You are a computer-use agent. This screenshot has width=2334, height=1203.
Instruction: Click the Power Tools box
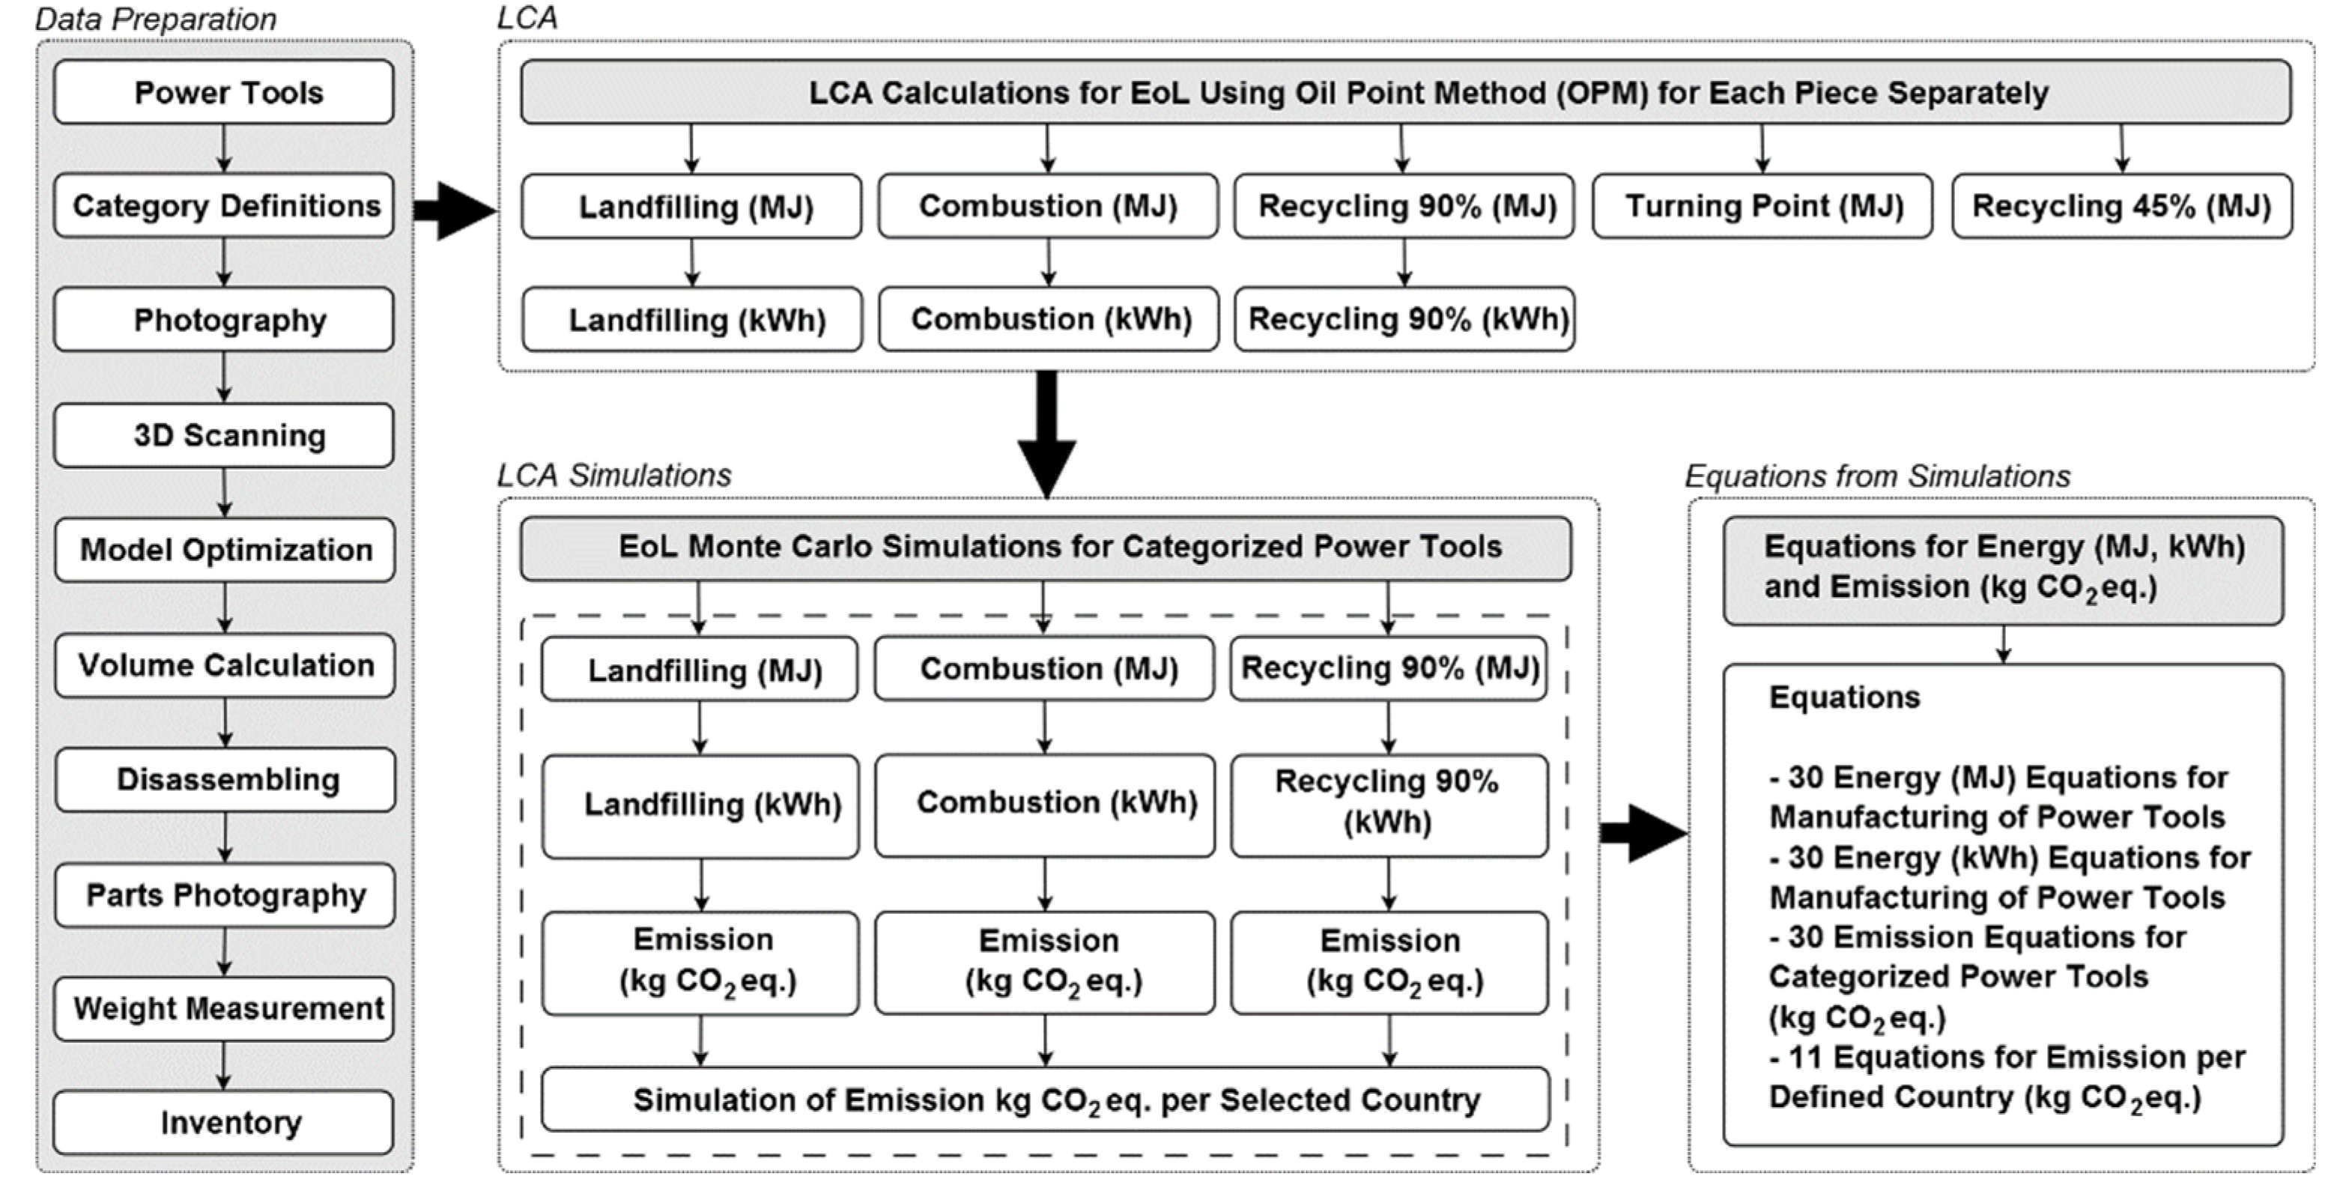[x=224, y=92]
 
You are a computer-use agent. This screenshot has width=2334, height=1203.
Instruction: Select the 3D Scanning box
[x=224, y=436]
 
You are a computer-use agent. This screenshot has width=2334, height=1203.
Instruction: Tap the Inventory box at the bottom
[x=224, y=1122]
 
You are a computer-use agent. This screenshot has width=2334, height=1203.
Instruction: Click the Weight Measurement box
[x=224, y=1008]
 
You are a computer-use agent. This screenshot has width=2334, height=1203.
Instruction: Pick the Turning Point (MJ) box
[x=1762, y=207]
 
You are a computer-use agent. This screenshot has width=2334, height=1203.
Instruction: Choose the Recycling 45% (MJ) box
[x=2121, y=207]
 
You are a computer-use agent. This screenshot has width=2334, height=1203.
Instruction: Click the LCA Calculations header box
[x=1405, y=92]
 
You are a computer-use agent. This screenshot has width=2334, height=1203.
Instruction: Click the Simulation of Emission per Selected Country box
[x=1046, y=1100]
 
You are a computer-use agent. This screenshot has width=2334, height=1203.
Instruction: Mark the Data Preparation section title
[x=155, y=19]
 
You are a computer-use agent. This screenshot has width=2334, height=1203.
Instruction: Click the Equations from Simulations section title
[x=1877, y=476]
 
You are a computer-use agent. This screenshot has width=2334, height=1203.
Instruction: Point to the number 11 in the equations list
[x=1806, y=1057]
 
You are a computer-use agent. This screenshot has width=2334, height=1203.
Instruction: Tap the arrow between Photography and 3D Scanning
[x=224, y=377]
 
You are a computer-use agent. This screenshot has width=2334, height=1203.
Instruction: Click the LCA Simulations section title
[x=613, y=476]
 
